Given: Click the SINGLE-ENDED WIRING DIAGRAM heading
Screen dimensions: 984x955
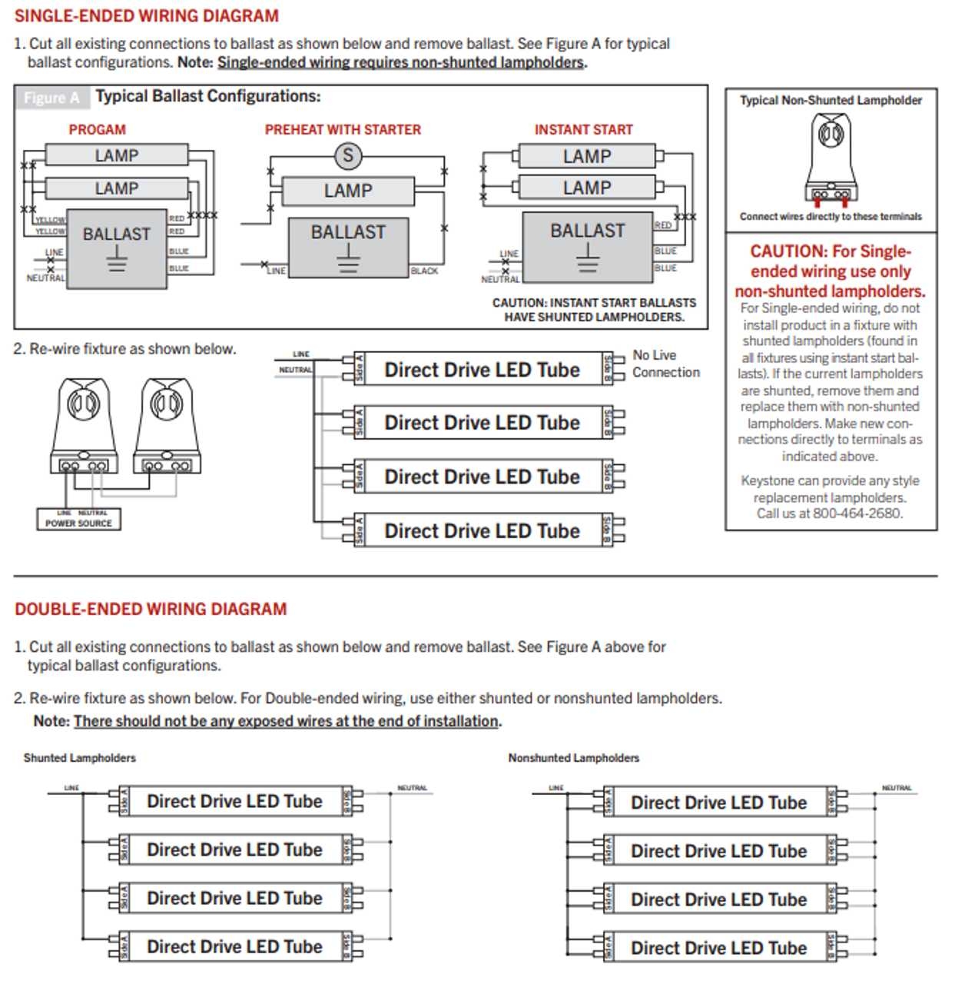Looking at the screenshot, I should point(146,15).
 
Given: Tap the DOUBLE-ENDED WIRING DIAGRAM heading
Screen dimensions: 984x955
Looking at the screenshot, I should point(151,609).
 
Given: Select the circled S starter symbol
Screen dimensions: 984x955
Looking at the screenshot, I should point(347,155).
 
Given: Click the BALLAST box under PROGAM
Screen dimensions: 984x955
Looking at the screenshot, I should point(117,248).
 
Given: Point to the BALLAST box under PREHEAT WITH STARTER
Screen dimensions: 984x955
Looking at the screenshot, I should point(348,247).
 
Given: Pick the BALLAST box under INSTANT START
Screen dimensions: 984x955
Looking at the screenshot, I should point(588,245).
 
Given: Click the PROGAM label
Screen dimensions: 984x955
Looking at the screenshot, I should point(97,130).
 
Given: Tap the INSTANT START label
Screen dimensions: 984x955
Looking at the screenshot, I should point(583,130).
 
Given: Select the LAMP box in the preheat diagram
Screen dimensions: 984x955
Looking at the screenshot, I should point(348,191).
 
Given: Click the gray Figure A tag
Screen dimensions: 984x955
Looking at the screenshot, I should point(51,98).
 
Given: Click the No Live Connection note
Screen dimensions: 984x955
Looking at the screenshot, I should point(665,364).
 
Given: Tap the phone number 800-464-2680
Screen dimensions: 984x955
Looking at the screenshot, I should point(857,514).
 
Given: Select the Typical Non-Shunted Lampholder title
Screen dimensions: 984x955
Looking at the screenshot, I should point(831,100).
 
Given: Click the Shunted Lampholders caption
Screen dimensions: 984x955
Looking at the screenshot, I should point(79,758).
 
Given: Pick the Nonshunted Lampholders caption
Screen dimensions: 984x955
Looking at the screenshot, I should point(573,758).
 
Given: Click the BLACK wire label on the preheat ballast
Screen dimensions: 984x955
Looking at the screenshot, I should point(424,271).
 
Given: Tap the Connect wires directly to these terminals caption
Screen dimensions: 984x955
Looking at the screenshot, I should point(831,217).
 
